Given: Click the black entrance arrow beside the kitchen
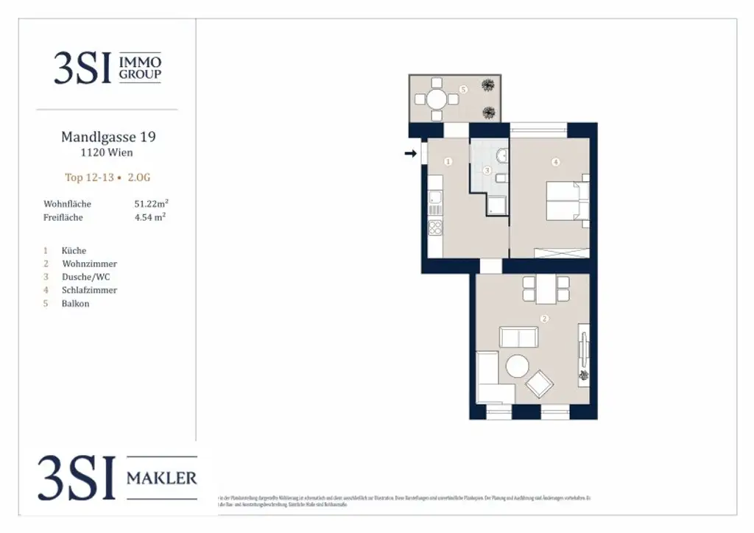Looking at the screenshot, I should click(x=410, y=154).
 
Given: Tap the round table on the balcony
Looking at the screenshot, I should click(x=436, y=99).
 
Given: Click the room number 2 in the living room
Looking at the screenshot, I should click(x=544, y=319).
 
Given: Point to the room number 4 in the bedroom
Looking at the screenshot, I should click(x=556, y=161).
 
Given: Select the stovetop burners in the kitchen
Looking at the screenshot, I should click(x=435, y=227).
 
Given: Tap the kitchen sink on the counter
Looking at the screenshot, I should click(x=434, y=197).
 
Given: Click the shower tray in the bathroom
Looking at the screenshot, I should click(x=496, y=205).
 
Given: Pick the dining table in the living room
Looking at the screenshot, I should click(x=546, y=289).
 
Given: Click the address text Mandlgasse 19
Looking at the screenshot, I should click(x=108, y=137).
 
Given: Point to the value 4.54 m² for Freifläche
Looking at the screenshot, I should click(x=149, y=217).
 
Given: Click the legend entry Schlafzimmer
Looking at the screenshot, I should click(x=89, y=290).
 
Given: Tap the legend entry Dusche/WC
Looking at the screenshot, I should click(x=86, y=277).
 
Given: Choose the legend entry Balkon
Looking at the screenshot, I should click(x=76, y=303).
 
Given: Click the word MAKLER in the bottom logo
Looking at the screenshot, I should click(x=162, y=478).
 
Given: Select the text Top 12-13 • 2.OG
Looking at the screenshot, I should click(x=108, y=177).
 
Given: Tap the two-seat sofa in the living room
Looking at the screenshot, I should click(x=518, y=337).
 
